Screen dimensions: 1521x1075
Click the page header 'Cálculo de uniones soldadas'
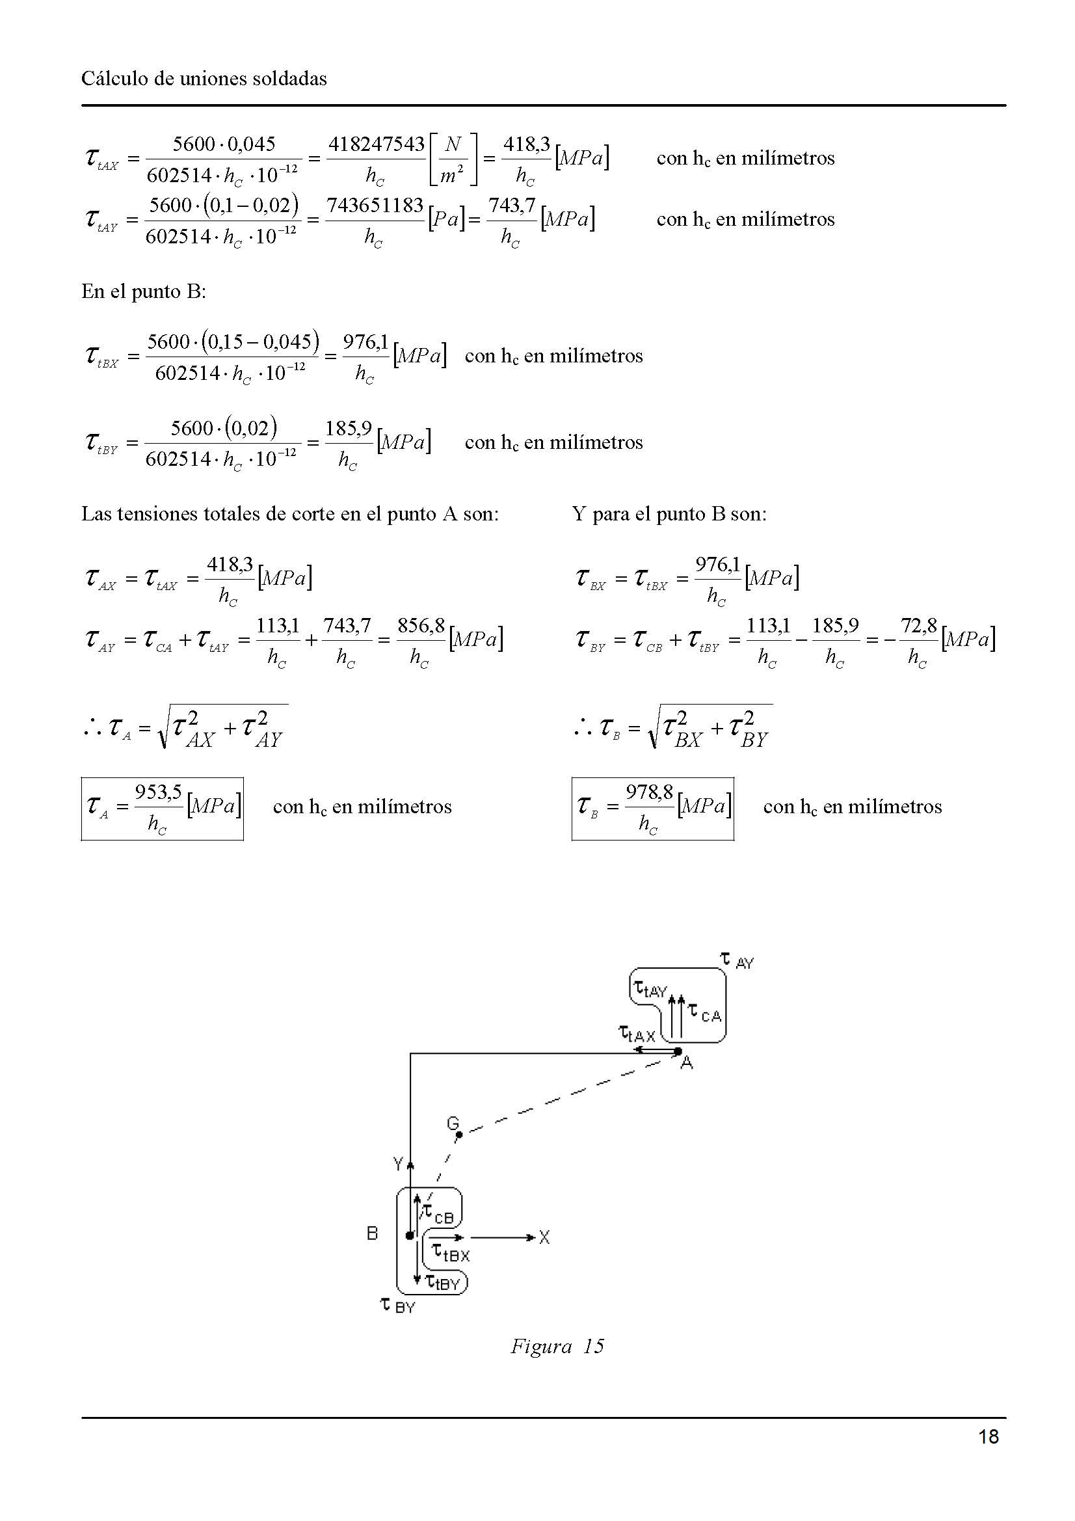(204, 79)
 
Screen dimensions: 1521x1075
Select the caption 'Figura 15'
(557, 1346)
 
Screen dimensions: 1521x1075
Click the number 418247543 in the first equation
(376, 144)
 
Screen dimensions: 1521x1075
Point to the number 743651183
(375, 206)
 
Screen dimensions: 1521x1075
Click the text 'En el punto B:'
(144, 291)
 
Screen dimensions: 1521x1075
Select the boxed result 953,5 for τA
(158, 792)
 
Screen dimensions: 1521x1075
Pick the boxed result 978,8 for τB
(649, 792)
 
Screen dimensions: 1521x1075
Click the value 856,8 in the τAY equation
(421, 625)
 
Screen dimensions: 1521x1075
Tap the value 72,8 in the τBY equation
(919, 625)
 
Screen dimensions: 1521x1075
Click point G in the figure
(459, 1134)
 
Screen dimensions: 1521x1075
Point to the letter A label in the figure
(687, 1062)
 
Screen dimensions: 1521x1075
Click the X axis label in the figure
(544, 1237)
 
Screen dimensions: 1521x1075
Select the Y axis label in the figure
(398, 1163)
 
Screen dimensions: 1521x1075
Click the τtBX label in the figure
(451, 1252)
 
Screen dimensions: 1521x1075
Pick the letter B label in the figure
(372, 1233)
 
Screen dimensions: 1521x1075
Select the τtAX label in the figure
(637, 1033)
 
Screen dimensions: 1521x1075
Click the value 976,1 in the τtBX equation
(365, 342)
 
